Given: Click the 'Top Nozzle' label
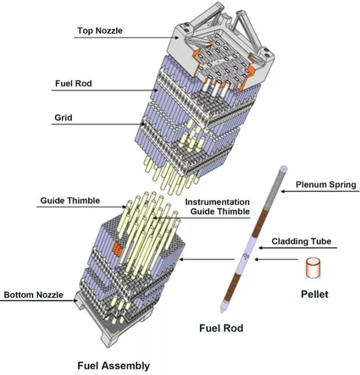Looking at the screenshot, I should click(x=100, y=31).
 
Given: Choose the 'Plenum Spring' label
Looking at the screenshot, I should click(x=326, y=185).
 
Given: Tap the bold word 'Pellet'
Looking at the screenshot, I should click(x=314, y=294).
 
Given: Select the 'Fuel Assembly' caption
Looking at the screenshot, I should click(x=114, y=366).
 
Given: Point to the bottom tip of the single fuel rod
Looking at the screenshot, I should click(x=221, y=310).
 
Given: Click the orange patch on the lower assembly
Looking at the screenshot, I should click(x=117, y=247).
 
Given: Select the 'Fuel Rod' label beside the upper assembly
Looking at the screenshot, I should click(x=72, y=83).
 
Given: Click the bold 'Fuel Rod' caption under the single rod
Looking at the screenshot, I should click(x=221, y=328).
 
